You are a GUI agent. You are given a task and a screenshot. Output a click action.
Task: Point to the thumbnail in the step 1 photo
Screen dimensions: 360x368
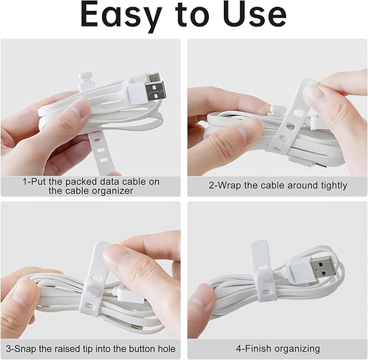point(81,108)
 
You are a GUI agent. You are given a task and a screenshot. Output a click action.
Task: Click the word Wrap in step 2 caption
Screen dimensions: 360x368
point(228,186)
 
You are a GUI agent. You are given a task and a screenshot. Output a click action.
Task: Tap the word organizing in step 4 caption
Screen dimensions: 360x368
point(298,349)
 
